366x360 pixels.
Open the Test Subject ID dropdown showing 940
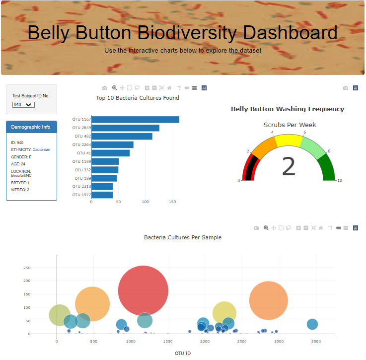(23, 105)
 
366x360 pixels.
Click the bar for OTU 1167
(135, 120)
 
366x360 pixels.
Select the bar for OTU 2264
(112, 145)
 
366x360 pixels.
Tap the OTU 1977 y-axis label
(81, 195)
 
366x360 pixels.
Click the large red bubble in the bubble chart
(143, 290)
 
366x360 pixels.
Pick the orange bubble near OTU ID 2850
(269, 300)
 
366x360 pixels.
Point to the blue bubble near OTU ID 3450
(312, 324)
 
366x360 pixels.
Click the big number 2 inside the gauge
(289, 166)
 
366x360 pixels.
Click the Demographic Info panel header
(31, 127)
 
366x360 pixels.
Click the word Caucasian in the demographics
(41, 149)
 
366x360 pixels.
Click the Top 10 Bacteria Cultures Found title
(138, 98)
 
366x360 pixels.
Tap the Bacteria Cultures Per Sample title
(182, 237)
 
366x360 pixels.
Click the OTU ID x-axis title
(182, 354)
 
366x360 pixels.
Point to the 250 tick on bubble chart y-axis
(27, 268)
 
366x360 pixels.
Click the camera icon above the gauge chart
(346, 88)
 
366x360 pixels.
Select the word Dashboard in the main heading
(288, 33)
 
